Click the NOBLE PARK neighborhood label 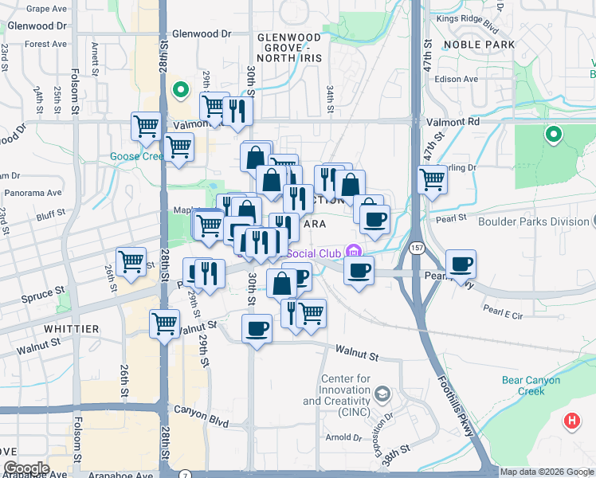tap(480, 45)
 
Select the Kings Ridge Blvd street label tap(466, 18)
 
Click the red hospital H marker tap(571, 420)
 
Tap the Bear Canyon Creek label tap(535, 386)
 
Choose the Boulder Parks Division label tap(535, 221)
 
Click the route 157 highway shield tap(417, 249)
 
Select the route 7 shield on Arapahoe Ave tap(185, 473)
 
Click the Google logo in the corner tap(25, 468)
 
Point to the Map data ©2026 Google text tap(546, 472)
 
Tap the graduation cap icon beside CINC tap(382, 394)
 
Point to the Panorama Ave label tap(33, 193)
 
